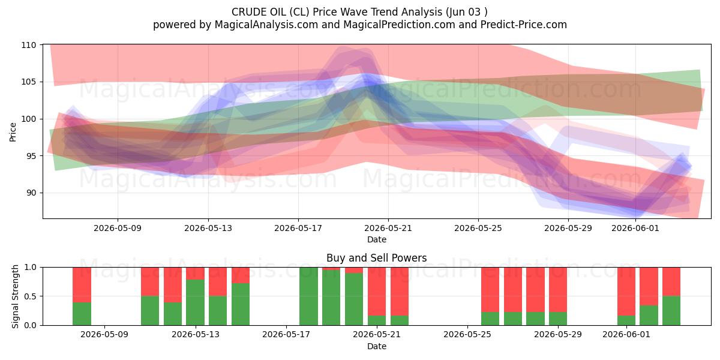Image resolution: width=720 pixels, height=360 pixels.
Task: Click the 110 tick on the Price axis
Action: coord(29,45)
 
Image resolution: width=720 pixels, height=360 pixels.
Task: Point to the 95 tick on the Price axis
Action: coord(29,156)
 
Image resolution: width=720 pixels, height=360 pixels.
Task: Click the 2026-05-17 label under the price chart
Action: coord(298,228)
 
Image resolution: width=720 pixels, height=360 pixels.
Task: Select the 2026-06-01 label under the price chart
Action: coord(635,228)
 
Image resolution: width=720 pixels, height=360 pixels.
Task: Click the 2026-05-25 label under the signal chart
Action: coord(467,334)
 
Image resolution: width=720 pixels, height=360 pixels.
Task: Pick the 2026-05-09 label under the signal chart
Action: coord(104,334)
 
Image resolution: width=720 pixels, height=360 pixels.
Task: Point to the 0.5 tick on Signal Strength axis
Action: coord(31,296)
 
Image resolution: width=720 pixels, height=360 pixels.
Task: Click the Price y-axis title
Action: coord(13,132)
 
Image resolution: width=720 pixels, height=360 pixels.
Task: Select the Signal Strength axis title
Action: coord(15,296)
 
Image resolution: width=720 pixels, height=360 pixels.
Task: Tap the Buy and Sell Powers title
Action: coord(376,258)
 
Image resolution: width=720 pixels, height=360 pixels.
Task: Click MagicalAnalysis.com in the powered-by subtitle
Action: coord(266,25)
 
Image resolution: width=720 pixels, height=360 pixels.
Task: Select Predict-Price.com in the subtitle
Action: coord(524,25)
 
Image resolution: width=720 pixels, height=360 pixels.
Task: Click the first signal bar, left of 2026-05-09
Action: coord(82,296)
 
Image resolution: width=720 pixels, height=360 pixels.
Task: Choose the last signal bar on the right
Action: coord(671,296)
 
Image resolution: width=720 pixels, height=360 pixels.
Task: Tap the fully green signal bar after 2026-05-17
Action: coord(308,296)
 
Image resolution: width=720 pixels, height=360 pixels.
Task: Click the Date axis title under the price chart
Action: coord(377,239)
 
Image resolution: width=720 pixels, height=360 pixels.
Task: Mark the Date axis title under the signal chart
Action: coord(377,346)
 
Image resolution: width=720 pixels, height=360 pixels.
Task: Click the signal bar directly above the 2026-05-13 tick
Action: coord(195,296)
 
